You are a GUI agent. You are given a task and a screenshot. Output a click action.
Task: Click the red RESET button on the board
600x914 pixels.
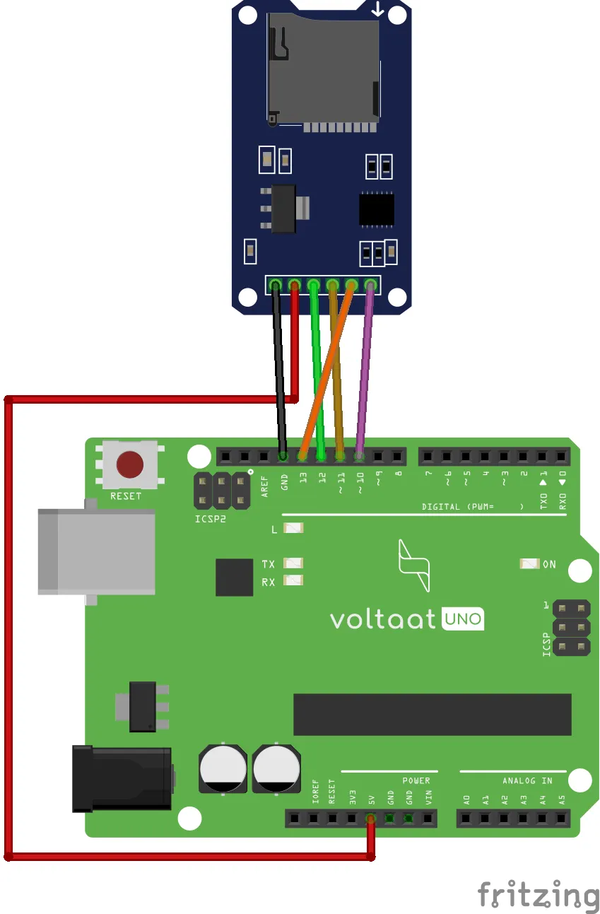tap(130, 464)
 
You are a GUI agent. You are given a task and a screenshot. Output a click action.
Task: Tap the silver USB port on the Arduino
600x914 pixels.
tap(96, 552)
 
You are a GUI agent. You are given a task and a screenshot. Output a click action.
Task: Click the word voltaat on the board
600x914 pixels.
tap(382, 619)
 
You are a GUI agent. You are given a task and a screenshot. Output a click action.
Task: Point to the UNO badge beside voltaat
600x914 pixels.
tap(463, 619)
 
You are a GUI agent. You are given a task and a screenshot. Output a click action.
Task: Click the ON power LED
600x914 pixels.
tap(529, 564)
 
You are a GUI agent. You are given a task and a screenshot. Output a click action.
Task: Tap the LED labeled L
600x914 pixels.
tap(293, 528)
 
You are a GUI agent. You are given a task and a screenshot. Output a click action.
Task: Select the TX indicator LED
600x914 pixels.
tap(293, 563)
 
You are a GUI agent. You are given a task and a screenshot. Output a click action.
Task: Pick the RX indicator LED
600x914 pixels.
tap(293, 581)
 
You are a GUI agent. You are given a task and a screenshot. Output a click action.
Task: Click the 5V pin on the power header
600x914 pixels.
tap(370, 819)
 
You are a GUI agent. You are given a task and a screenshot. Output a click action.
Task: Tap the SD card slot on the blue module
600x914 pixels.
tap(322, 67)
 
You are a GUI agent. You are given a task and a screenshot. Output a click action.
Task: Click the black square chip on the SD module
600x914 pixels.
tap(376, 209)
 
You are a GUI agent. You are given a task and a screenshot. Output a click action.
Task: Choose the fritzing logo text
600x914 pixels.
tap(538, 894)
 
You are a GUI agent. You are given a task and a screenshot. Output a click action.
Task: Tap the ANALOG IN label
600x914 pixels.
tap(527, 781)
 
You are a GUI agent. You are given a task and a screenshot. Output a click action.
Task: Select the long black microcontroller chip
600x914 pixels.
tap(432, 714)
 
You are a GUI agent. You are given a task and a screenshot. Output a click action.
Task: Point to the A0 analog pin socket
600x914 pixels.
tap(466, 819)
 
